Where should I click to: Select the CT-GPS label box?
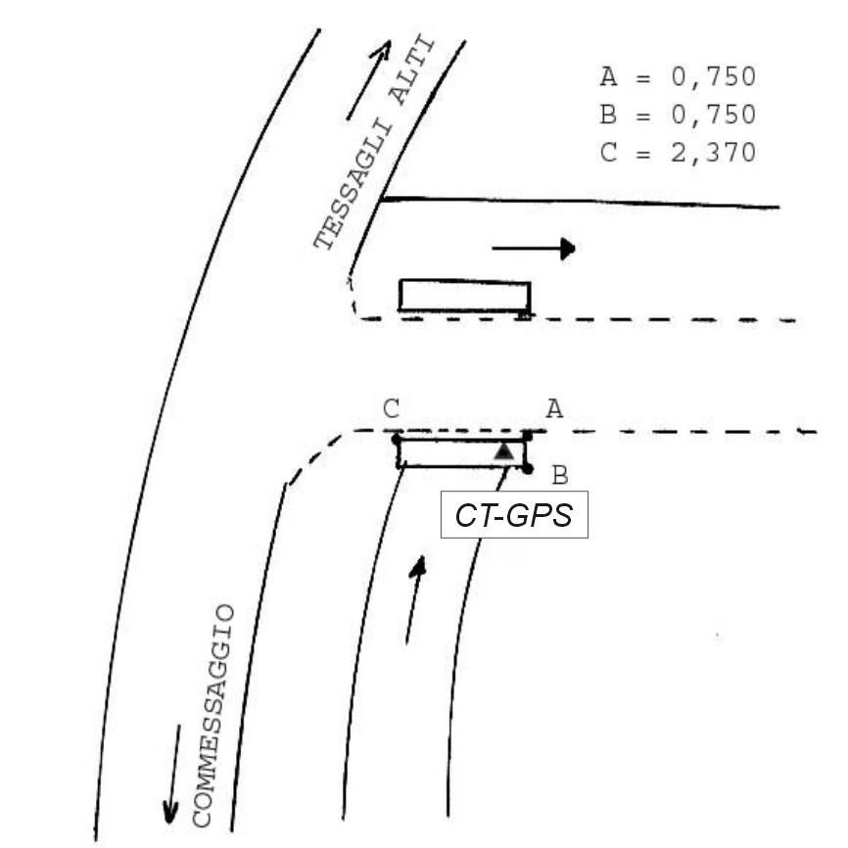coord(514,514)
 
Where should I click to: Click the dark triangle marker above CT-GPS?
coord(503,451)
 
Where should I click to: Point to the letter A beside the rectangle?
coord(554,409)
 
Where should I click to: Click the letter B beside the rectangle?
coord(560,476)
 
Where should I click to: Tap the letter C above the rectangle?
coord(392,409)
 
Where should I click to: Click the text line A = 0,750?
coord(678,76)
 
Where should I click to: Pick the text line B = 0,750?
coord(678,115)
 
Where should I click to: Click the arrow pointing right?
coord(533,249)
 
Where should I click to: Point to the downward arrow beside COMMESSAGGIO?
coord(173,775)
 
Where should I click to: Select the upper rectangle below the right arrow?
coord(464,296)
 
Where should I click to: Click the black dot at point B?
coord(528,469)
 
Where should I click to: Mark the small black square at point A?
coord(527,434)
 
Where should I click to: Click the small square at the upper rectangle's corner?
coord(524,315)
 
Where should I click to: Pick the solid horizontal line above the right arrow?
coord(578,203)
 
